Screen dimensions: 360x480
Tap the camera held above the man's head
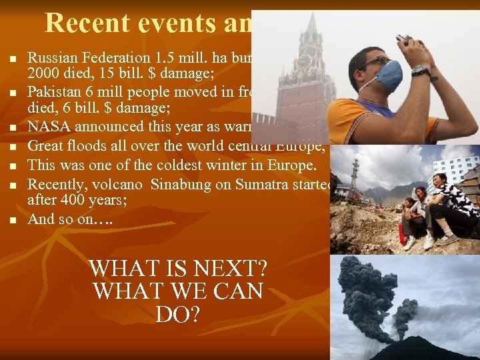point(403,38)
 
